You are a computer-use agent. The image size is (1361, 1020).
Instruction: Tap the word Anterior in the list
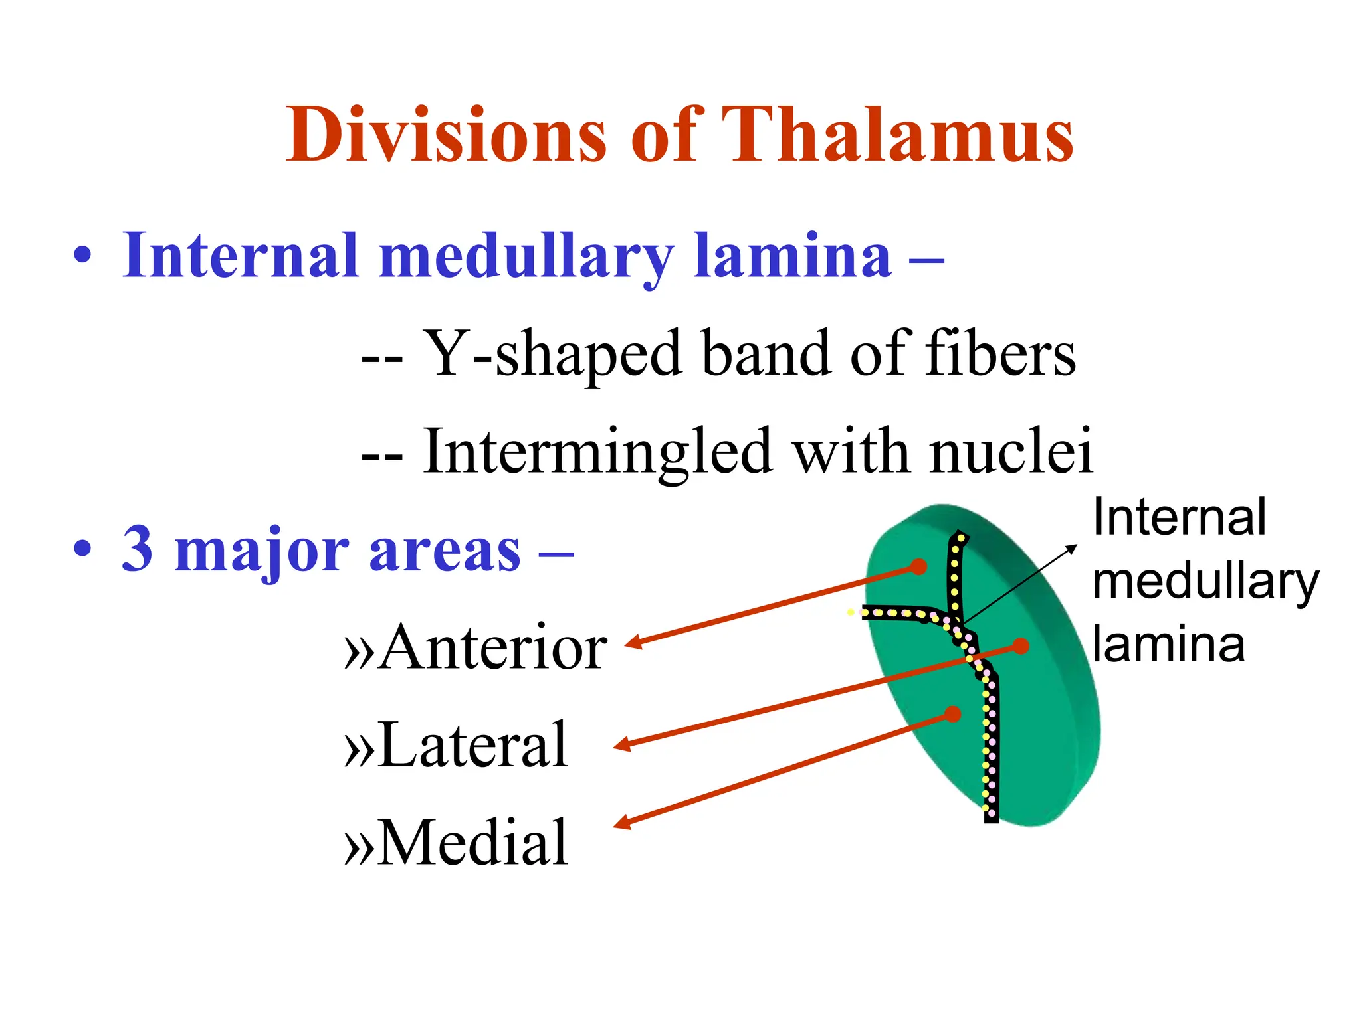click(493, 648)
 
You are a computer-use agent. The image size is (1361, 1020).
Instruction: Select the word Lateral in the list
click(473, 745)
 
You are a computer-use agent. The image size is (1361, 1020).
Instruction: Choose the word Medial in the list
click(473, 843)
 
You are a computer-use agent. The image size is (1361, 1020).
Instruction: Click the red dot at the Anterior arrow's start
click(918, 566)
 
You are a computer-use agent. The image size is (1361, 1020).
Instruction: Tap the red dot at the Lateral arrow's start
click(1021, 645)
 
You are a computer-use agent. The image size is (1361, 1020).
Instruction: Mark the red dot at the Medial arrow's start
click(953, 714)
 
